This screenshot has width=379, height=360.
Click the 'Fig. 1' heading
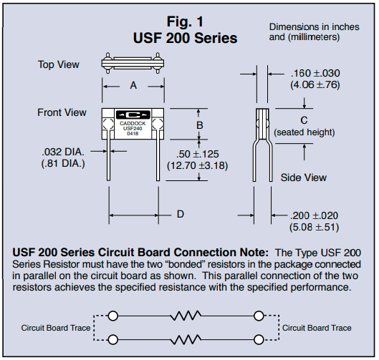click(185, 21)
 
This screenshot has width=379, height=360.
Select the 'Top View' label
click(59, 64)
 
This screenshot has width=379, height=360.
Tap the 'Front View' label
click(62, 112)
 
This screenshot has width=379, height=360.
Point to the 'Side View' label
click(304, 177)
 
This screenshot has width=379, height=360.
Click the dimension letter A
click(133, 85)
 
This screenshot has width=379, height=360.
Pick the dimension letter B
click(200, 125)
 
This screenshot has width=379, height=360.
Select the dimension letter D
click(181, 214)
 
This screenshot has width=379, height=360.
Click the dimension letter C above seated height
click(304, 120)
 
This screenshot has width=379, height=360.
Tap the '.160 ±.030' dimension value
click(315, 73)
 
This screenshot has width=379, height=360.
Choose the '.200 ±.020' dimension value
click(314, 215)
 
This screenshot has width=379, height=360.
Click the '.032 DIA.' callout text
click(63, 152)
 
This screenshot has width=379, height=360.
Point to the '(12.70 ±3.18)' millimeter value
click(198, 165)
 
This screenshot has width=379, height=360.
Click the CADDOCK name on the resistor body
click(133, 123)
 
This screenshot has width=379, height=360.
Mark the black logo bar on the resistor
click(133, 115)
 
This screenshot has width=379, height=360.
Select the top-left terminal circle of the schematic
click(113, 316)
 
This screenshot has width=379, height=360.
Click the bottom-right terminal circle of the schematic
click(259, 339)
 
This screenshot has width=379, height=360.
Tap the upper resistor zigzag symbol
click(186, 316)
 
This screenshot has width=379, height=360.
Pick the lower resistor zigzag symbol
click(186, 339)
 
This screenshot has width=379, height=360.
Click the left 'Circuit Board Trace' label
click(56, 328)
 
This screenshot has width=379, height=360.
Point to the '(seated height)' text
click(304, 132)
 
